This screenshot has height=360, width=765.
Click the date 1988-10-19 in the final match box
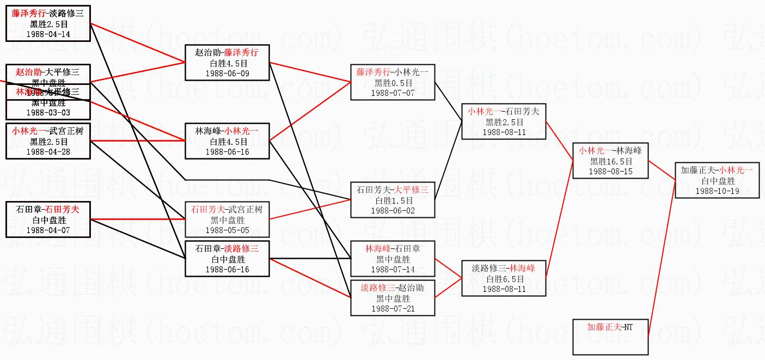[717, 191]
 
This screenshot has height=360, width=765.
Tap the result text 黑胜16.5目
[611, 161]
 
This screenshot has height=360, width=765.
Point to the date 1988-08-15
[611, 171]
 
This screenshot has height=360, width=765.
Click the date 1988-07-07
[393, 93]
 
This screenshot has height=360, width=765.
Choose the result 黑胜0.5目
[393, 83]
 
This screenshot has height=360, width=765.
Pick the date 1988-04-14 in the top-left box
[48, 34]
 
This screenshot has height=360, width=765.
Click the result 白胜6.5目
[504, 279]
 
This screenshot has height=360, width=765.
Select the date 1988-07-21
[393, 308]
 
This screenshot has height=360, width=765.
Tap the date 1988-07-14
[393, 269]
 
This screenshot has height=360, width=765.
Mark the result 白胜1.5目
[393, 200]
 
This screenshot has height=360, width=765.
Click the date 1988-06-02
[393, 210]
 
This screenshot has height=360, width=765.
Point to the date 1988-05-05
[227, 230]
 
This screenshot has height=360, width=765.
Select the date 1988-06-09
[227, 73]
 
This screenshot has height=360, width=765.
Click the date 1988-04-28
[48, 151]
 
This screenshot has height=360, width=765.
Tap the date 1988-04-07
[48, 230]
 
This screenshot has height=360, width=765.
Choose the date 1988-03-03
[48, 112]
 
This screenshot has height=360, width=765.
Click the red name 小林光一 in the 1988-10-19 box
[736, 170]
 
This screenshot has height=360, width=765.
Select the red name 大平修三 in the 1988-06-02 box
[412, 190]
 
